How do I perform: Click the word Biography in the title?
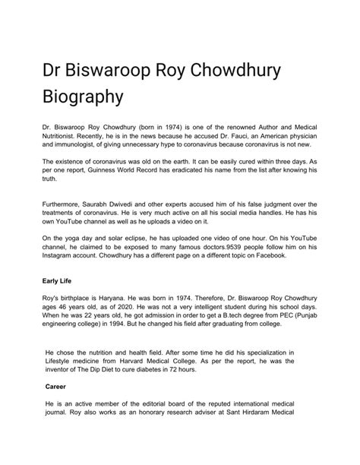83,99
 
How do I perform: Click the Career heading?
58,386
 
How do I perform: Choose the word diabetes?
158,372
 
